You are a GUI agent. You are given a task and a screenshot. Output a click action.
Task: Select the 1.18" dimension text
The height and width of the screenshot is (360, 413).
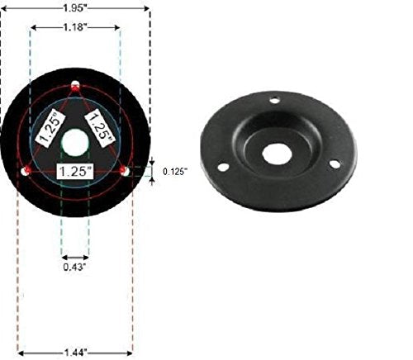75,26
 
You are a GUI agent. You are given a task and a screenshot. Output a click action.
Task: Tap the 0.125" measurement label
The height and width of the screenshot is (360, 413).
174,171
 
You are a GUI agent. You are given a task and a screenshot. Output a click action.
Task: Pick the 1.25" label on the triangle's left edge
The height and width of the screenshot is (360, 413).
49,127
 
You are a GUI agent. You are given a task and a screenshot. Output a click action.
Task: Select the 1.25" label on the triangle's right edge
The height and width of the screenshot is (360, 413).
102,127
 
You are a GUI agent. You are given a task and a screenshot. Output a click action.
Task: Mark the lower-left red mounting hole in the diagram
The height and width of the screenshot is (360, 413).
26,170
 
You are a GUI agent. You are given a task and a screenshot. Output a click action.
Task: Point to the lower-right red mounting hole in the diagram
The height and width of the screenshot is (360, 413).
125,170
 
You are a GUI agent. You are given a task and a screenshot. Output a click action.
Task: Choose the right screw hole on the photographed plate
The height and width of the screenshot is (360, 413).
334,163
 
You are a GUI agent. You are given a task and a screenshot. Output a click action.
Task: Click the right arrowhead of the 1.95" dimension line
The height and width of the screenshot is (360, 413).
148,8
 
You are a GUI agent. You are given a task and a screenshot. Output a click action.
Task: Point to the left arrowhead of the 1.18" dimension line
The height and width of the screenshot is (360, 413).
32,27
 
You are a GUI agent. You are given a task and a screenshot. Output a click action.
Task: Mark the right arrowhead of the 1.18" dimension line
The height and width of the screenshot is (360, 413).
119,27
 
